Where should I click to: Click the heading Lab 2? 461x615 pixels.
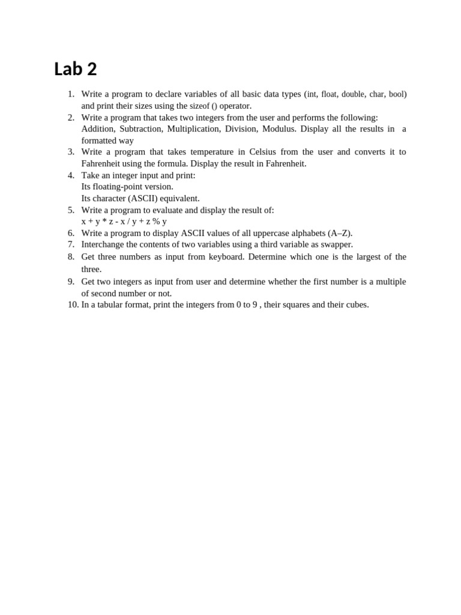pyautogui.click(x=75, y=69)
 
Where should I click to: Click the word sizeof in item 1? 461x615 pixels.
pyautogui.click(x=199, y=106)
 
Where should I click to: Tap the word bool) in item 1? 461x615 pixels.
pyautogui.click(x=397, y=94)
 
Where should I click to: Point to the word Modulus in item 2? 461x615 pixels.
pyautogui.click(x=279, y=129)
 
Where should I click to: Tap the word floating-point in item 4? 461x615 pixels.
pyautogui.click(x=133, y=187)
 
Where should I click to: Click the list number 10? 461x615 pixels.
pyautogui.click(x=73, y=304)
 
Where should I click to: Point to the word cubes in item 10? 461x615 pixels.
pyautogui.click(x=356, y=304)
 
